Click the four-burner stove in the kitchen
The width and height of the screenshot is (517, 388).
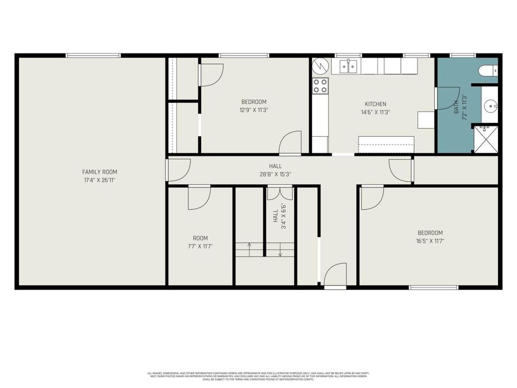(x=320, y=86)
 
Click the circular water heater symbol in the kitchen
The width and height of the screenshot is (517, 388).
(x=319, y=67)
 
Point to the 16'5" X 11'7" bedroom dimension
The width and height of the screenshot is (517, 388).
(x=430, y=241)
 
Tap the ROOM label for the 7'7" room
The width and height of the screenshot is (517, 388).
(x=200, y=238)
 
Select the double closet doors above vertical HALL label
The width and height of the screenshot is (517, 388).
(x=280, y=193)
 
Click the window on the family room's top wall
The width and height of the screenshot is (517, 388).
(x=93, y=56)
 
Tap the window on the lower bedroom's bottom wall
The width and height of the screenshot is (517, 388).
(x=433, y=287)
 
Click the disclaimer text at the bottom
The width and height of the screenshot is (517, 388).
(x=258, y=376)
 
